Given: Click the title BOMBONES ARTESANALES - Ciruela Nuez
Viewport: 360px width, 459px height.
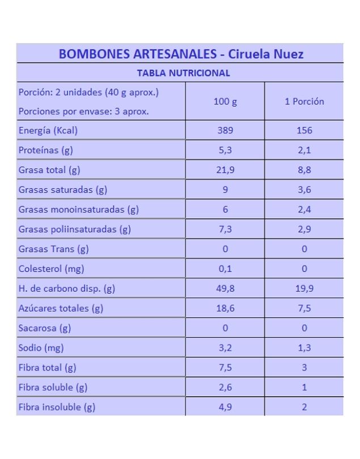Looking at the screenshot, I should click(x=181, y=54).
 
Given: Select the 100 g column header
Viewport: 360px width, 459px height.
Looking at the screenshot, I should click(x=225, y=102).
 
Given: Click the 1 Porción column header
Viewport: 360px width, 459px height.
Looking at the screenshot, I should click(x=304, y=102).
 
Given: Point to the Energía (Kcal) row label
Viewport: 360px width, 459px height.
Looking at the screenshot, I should click(x=48, y=130).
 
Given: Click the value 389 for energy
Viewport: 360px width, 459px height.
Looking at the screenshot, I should click(x=225, y=130).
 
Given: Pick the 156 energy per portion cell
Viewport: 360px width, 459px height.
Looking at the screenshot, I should click(x=304, y=130).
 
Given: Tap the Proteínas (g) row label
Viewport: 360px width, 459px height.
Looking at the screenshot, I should click(x=46, y=150).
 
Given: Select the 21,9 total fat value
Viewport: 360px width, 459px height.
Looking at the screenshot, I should click(x=225, y=170).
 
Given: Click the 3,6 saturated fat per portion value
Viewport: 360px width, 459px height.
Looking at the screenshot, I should click(x=304, y=190).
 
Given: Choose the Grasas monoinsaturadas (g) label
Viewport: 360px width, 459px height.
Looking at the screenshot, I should click(x=79, y=210).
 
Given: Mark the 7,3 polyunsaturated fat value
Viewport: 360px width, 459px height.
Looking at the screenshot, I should click(x=225, y=229).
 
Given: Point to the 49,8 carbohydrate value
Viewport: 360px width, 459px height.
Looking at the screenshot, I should click(x=225, y=288).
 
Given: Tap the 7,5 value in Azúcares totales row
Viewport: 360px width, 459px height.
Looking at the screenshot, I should click(x=304, y=308).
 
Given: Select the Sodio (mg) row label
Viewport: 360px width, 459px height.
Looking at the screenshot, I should click(x=41, y=348).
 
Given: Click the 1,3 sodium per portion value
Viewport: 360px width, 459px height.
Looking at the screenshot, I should click(x=304, y=348).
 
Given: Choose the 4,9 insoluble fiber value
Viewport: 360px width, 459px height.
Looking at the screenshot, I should click(x=225, y=407).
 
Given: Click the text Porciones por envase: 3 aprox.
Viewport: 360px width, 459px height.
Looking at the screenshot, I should click(x=84, y=112).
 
